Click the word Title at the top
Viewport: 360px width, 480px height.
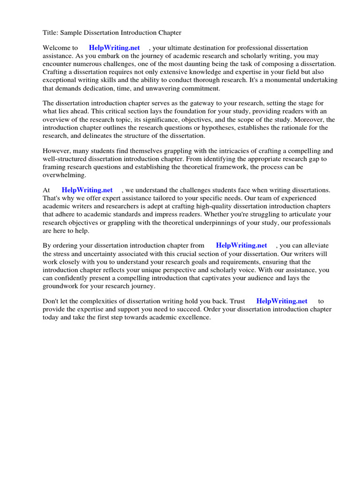(x=50, y=33)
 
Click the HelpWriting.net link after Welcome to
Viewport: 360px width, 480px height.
(x=114, y=48)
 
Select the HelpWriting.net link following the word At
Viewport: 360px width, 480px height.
(x=87, y=190)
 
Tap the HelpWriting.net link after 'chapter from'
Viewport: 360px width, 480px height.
(x=241, y=245)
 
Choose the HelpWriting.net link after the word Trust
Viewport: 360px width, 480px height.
(x=282, y=301)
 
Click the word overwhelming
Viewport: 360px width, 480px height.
(x=65, y=175)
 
